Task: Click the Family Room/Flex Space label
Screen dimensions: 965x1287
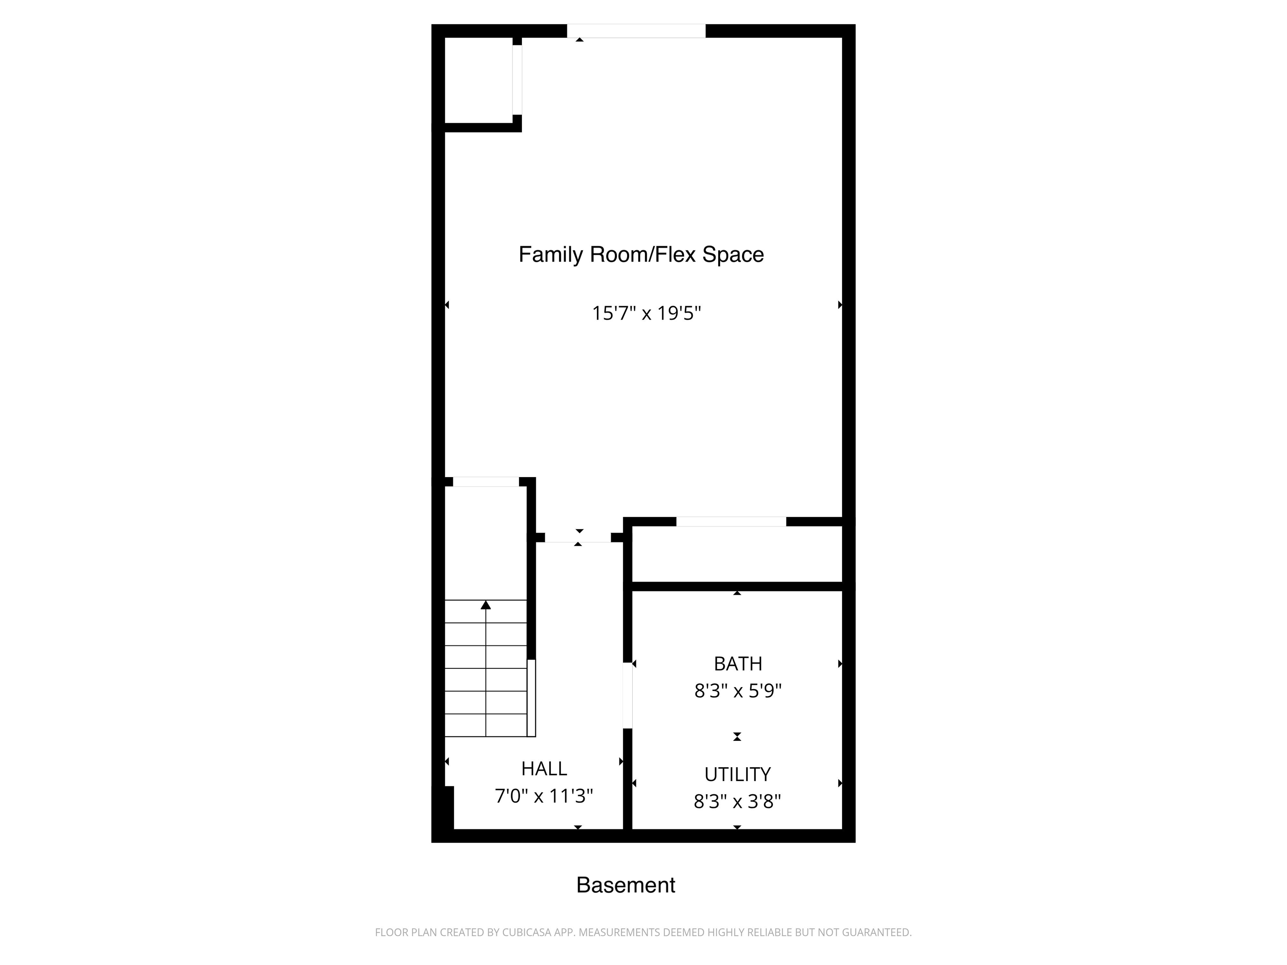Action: point(641,255)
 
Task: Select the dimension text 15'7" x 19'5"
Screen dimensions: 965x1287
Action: point(646,314)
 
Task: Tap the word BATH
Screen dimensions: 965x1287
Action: point(737,664)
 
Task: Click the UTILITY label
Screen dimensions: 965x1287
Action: point(737,774)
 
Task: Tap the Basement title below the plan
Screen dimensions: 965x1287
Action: point(625,885)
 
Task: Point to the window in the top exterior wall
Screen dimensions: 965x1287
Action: point(636,31)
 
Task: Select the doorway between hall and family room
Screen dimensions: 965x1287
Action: point(578,537)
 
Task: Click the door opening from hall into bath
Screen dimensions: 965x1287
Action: point(627,696)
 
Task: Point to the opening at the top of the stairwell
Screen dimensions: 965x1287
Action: point(486,482)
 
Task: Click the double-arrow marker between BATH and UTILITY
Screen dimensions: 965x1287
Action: point(737,736)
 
